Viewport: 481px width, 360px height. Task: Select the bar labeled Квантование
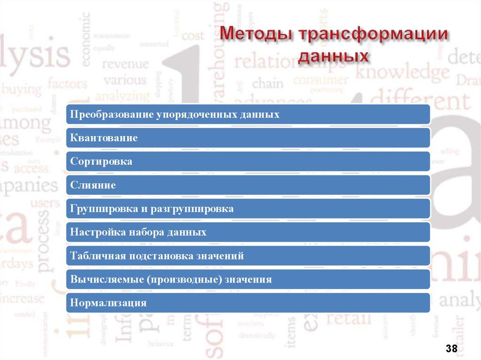tap(248, 138)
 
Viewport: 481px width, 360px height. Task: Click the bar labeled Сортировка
tap(248, 161)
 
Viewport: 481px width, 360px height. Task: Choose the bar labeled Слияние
tap(248, 185)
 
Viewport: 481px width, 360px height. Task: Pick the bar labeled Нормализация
tap(248, 303)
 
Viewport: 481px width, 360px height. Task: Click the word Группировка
tap(103, 209)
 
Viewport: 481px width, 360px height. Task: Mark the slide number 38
tap(452, 348)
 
